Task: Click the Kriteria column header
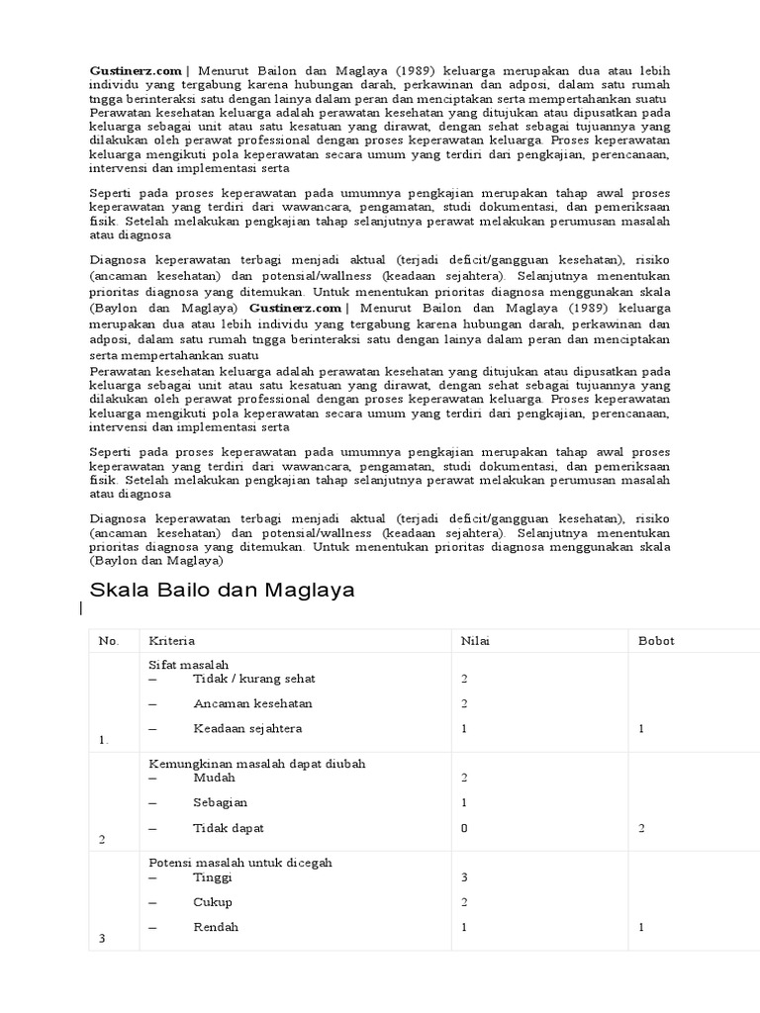click(171, 641)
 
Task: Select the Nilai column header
click(475, 641)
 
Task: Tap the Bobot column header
click(656, 641)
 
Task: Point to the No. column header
click(109, 641)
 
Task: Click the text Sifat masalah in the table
click(188, 665)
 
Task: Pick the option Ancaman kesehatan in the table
click(252, 703)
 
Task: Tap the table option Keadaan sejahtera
click(247, 728)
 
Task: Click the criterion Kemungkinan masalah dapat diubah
click(249, 764)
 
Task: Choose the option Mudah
click(215, 778)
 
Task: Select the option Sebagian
click(221, 802)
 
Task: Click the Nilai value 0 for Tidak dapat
click(464, 828)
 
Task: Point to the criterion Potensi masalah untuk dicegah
click(239, 863)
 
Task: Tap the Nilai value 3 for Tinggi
click(464, 877)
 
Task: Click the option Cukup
click(213, 902)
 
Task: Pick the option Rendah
click(216, 927)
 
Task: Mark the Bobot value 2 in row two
click(641, 828)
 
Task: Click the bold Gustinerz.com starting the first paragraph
click(137, 70)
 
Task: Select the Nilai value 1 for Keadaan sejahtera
click(464, 728)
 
